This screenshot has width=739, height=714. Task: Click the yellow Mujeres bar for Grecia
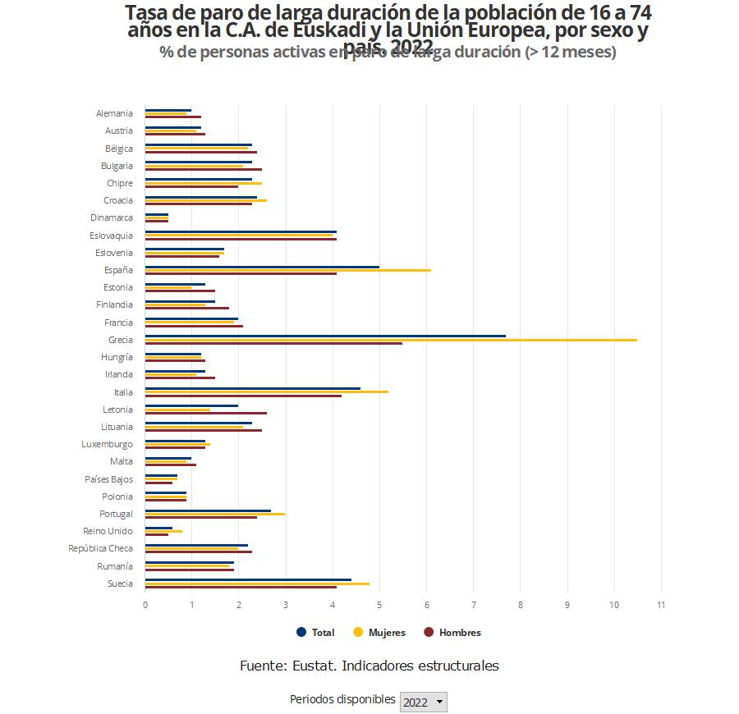391,340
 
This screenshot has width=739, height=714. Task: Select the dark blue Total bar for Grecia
325,336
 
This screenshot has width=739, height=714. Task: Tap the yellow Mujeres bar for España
287,270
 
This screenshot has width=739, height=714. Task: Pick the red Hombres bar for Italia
243,396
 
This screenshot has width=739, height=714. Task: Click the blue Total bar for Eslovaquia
241,231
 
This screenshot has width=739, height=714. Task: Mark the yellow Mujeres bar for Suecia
257,584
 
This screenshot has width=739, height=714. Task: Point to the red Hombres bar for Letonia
206,413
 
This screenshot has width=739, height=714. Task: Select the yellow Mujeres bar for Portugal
215,514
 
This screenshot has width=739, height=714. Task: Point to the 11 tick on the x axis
661,605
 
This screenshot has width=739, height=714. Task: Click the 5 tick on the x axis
379,605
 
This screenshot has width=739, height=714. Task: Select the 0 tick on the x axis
145,605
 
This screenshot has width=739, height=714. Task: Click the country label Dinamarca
112,217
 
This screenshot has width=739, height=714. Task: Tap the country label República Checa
100,548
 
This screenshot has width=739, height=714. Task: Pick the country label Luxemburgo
107,444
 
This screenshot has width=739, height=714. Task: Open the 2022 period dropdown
423,702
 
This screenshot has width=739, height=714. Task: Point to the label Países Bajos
108,479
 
